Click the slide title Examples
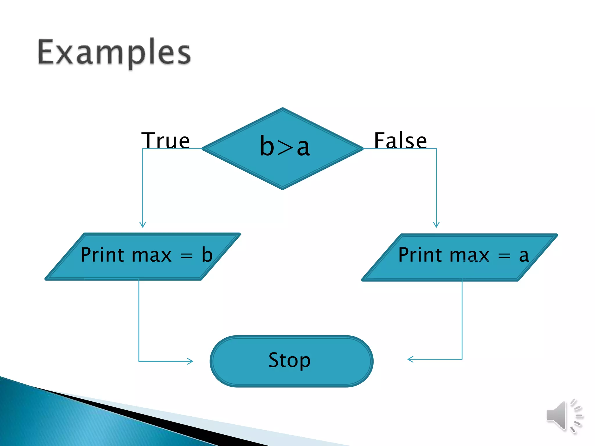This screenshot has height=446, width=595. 114,52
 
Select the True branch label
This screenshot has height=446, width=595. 165,140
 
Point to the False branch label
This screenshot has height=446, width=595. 400,140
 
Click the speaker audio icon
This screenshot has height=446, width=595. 564,416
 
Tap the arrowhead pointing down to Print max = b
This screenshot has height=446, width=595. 143,225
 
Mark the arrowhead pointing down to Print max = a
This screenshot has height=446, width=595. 436,225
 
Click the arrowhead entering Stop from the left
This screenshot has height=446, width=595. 190,361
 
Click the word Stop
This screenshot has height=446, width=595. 289,360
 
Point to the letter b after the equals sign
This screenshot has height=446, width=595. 207,255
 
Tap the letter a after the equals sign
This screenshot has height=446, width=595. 524,256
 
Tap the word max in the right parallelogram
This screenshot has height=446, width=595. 469,255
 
